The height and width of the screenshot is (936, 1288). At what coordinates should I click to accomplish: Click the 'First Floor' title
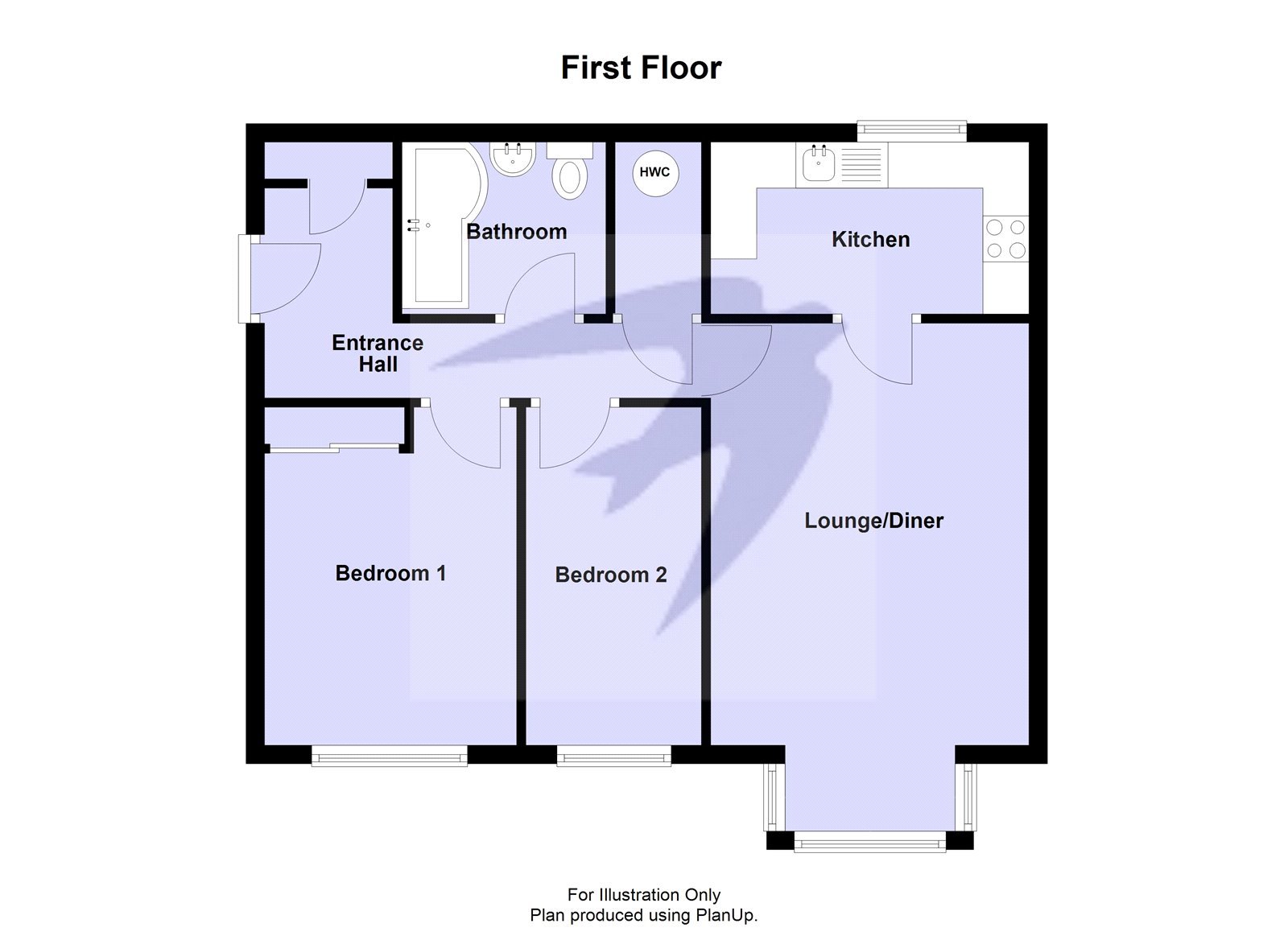coord(641,68)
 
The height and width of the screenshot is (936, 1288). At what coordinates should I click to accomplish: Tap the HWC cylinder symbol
coord(654,172)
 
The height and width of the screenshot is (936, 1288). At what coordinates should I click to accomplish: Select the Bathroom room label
coord(517,232)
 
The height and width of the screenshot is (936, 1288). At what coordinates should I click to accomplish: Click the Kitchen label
coord(870,239)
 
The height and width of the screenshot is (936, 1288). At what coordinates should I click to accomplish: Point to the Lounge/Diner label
coord(873,521)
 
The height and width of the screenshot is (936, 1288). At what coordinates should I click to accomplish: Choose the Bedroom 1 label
coord(390,573)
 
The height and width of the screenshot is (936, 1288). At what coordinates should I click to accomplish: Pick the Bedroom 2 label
coord(611,575)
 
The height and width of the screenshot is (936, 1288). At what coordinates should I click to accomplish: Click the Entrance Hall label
coord(378,353)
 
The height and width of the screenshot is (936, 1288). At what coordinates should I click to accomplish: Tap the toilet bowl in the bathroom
coord(570,176)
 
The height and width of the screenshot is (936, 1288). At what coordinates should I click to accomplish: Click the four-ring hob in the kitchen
coord(1006,239)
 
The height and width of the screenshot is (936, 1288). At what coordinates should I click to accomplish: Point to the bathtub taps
coord(415,225)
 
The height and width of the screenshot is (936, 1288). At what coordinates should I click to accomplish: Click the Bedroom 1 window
coord(389,754)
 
